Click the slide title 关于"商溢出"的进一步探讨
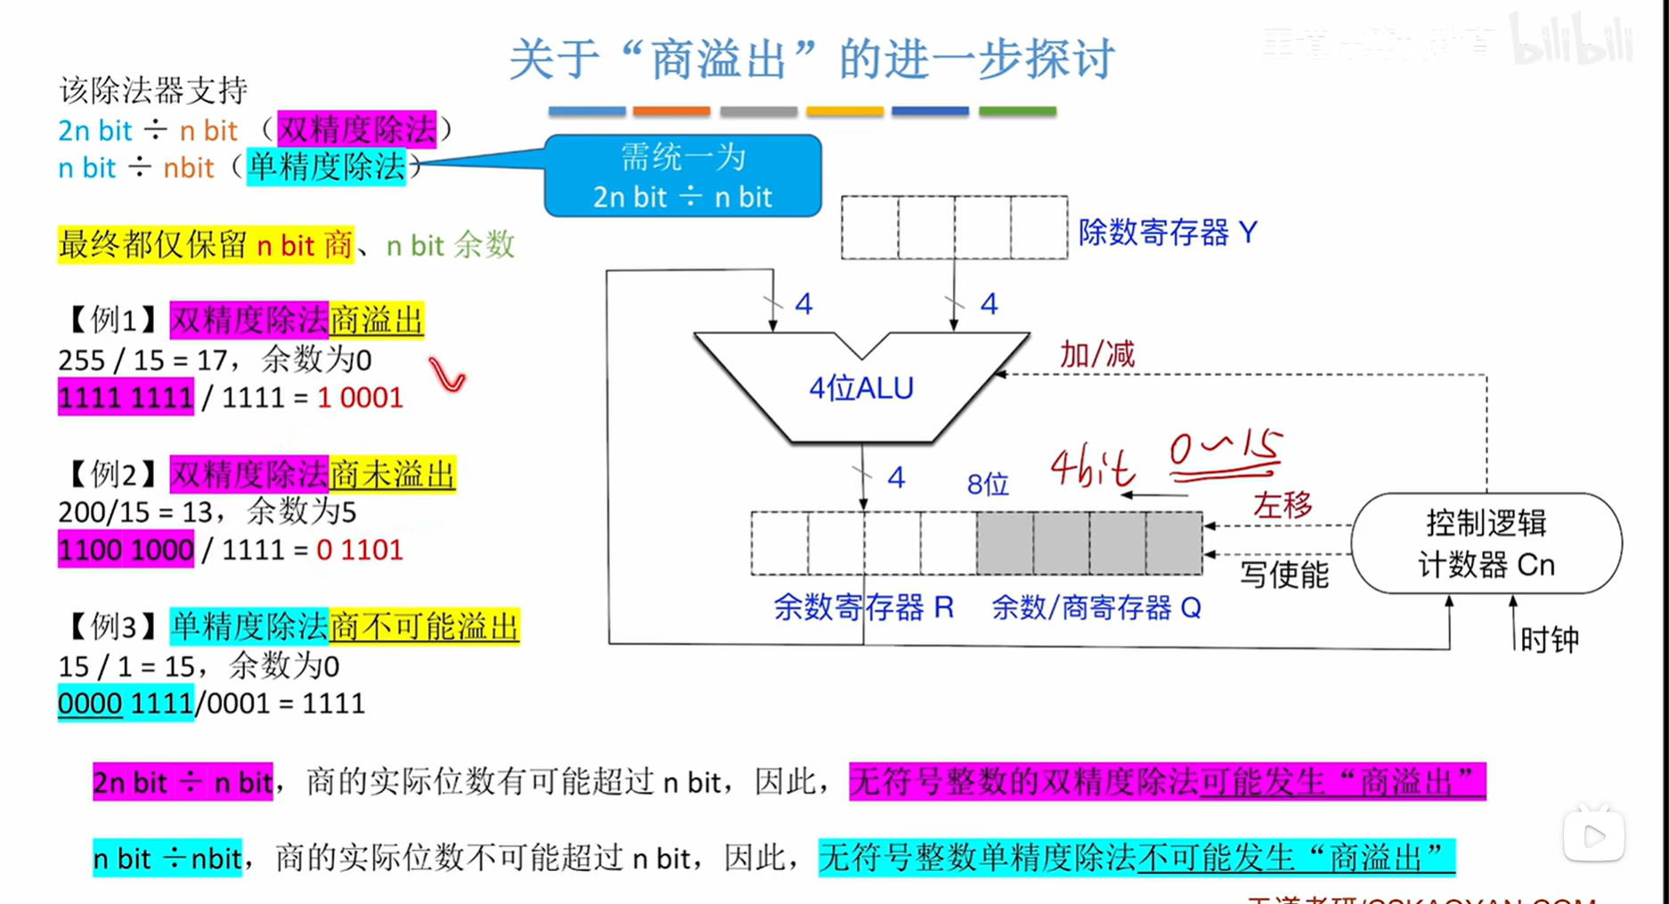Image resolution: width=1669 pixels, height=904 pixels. tap(811, 59)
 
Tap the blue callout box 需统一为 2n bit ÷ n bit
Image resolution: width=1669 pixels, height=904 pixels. tap(683, 176)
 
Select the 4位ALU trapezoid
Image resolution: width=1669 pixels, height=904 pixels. tap(860, 388)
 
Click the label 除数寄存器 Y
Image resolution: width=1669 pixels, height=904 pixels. tap(1168, 232)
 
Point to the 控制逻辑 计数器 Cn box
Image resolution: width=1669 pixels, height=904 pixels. tap(1486, 543)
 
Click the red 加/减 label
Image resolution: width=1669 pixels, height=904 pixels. tap(1097, 354)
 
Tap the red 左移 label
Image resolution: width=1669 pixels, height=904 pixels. tap(1282, 505)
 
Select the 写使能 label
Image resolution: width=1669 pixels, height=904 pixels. tap(1283, 574)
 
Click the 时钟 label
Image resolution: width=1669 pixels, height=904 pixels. tap(1549, 639)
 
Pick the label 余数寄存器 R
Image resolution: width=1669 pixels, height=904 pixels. tap(863, 607)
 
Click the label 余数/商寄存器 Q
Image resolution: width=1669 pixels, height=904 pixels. tap(1095, 607)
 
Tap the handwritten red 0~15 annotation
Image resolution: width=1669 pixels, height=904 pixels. tap(1225, 452)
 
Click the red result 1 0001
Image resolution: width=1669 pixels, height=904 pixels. tap(360, 397)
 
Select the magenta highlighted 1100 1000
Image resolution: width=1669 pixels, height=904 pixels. tap(126, 550)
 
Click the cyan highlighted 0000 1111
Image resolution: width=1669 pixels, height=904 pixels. tap(126, 704)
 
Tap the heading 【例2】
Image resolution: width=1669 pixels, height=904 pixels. tap(111, 474)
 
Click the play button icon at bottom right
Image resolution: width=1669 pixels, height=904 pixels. tap(1593, 835)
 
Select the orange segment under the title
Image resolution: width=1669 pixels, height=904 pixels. tap(671, 111)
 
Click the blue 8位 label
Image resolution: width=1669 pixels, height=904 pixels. tap(988, 485)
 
